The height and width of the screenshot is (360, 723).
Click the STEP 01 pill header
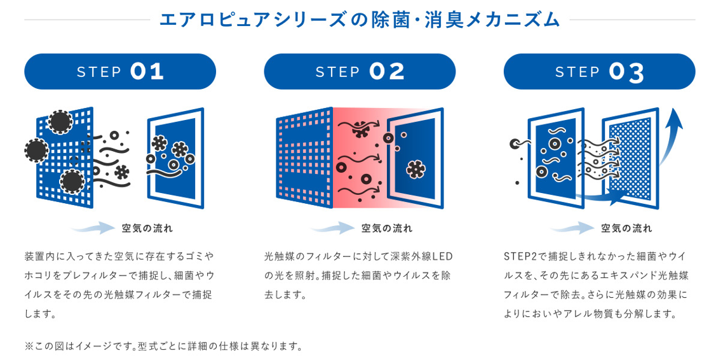pyautogui.click(x=120, y=71)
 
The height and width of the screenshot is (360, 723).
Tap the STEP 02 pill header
pyautogui.click(x=360, y=71)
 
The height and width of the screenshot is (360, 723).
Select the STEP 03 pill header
pyautogui.click(x=599, y=71)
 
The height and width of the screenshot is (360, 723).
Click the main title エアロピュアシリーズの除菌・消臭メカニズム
pyautogui.click(x=360, y=19)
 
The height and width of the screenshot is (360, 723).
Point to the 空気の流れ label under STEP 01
pyautogui.click(x=147, y=228)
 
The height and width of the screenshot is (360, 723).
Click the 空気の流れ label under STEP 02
pyautogui.click(x=387, y=228)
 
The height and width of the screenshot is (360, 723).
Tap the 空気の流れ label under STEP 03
pyautogui.click(x=626, y=228)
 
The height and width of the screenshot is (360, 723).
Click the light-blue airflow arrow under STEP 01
pyautogui.click(x=92, y=228)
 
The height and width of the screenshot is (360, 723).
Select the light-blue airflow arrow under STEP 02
pyautogui.click(x=332, y=228)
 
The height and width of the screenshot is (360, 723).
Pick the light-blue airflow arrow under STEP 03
pyautogui.click(x=571, y=228)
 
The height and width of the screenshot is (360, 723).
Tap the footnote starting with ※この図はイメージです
pyautogui.click(x=164, y=346)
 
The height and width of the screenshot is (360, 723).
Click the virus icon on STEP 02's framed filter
pyautogui.click(x=416, y=169)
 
